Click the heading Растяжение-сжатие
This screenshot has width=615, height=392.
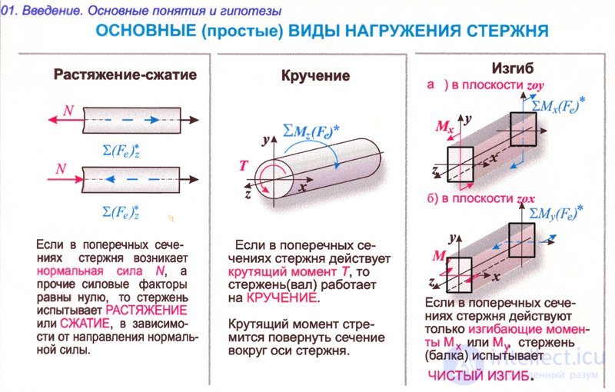tap(125, 75)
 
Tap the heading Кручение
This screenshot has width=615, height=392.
tap(315, 75)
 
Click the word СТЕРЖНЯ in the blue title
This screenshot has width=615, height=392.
tap(507, 31)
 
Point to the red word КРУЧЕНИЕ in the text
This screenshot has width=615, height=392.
tap(281, 298)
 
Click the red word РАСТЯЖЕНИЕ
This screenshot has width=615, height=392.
tap(146, 311)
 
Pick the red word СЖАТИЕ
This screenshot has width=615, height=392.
tap(85, 324)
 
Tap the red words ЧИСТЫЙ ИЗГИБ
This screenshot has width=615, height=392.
tap(478, 376)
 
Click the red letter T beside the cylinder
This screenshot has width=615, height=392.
tap(243, 166)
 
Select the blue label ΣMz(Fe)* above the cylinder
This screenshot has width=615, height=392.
tap(311, 132)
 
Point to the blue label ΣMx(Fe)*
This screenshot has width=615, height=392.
tap(559, 105)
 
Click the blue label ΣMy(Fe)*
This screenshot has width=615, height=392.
tap(556, 213)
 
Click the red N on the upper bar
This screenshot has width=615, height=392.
tap(68, 111)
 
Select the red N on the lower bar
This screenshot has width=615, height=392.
tap(61, 169)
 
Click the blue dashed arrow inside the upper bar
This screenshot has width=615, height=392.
tap(126, 120)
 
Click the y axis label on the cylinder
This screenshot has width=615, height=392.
tap(266, 139)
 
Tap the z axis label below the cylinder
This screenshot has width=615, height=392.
tap(248, 193)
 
